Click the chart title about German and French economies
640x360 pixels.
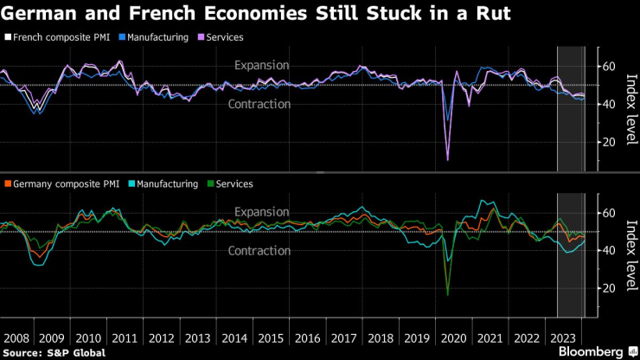256,15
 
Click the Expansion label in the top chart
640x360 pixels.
262,66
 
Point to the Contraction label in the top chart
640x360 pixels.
259,104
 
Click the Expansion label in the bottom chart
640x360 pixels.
262,212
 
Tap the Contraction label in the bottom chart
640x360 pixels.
259,251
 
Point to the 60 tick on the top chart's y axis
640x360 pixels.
608,67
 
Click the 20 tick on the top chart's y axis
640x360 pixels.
608,142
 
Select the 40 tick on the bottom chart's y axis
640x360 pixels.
608,250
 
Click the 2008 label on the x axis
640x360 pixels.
18,337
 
